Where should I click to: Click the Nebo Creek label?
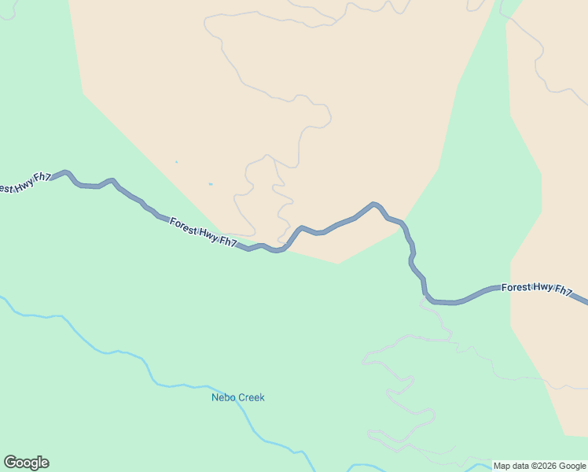pos(238,397)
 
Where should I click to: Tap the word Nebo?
pos(224,397)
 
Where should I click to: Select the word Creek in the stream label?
pos(251,397)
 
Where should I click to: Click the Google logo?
pos(26,463)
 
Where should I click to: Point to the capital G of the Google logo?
pos(10,462)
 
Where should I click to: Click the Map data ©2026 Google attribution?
pos(539,466)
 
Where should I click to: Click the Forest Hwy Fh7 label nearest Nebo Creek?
pos(204,232)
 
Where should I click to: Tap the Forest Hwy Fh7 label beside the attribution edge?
pos(537,288)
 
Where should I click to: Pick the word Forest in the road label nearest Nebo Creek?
pos(183,225)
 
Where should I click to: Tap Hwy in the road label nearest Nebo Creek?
pos(206,233)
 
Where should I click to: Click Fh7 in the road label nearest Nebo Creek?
pos(227,242)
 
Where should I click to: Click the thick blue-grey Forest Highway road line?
pos(346,221)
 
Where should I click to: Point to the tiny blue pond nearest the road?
pos(211,184)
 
